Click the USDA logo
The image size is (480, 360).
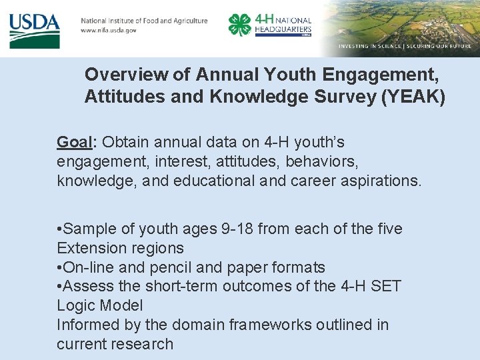tap(35, 29)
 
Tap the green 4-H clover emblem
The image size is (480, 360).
tap(239, 25)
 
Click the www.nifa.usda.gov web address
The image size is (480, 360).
tap(109, 31)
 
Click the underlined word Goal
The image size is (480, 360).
tap(75, 142)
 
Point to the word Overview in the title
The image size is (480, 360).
tap(117, 73)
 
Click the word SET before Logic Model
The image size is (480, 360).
tap(386, 286)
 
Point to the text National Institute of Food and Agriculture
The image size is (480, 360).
tap(144, 21)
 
